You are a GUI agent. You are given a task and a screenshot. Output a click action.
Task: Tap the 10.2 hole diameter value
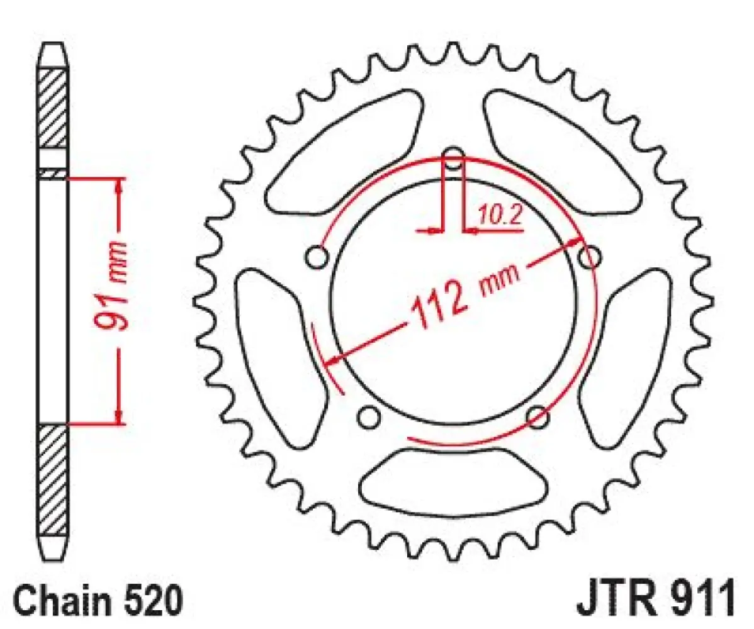tap(500, 216)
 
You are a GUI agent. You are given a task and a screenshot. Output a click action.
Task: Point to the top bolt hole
tap(453, 157)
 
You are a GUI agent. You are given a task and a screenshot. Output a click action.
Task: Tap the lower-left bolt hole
tap(369, 416)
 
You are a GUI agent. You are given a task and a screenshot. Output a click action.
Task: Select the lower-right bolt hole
tap(537, 416)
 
